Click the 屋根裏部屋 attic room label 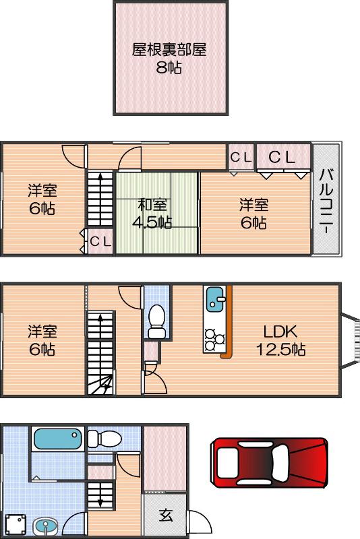tap(169, 49)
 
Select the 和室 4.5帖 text tap(154, 214)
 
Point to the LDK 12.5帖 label tap(280, 340)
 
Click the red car tap(269, 462)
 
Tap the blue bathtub tap(57, 440)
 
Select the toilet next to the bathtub tap(102, 440)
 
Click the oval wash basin tap(46, 525)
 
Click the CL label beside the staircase tap(100, 241)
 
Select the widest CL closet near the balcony tap(282, 157)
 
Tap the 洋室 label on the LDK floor tap(42, 340)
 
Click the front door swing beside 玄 tap(200, 522)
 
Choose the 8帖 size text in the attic tap(169, 67)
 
